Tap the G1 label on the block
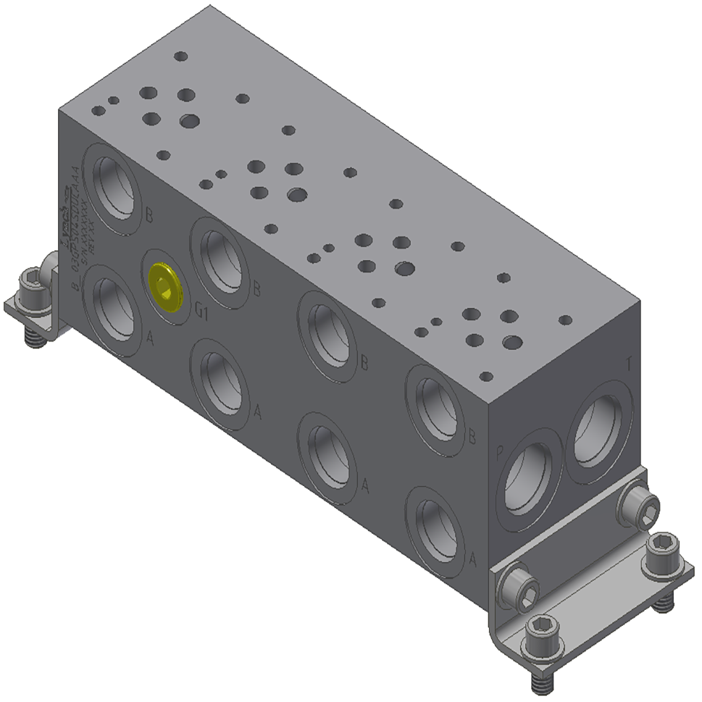(x=201, y=312)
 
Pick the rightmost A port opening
(x=436, y=531)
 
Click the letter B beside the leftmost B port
(x=149, y=215)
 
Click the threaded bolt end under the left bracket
(x=32, y=337)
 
